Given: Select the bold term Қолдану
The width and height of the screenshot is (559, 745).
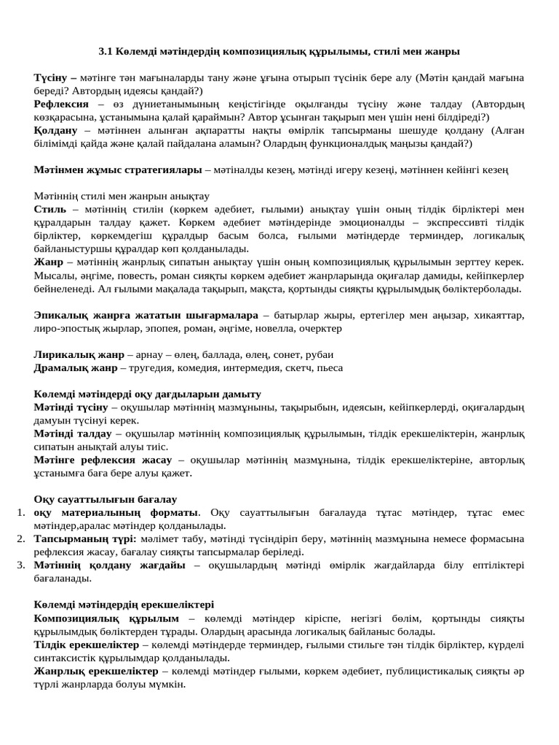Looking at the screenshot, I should (x=56, y=130).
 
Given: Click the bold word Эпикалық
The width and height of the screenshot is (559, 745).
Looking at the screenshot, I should (x=60, y=315).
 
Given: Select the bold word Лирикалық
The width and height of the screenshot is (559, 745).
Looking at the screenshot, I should (x=62, y=355).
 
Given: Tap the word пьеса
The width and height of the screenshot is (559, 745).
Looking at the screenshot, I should (x=328, y=368).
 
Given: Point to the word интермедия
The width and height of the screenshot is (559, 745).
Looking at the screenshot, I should (x=253, y=368).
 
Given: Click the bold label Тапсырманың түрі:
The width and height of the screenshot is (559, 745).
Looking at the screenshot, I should (x=85, y=539).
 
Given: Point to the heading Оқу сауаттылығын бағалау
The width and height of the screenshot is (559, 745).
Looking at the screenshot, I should (x=106, y=500).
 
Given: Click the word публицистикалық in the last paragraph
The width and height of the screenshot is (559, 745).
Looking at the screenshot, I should (x=419, y=671).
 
